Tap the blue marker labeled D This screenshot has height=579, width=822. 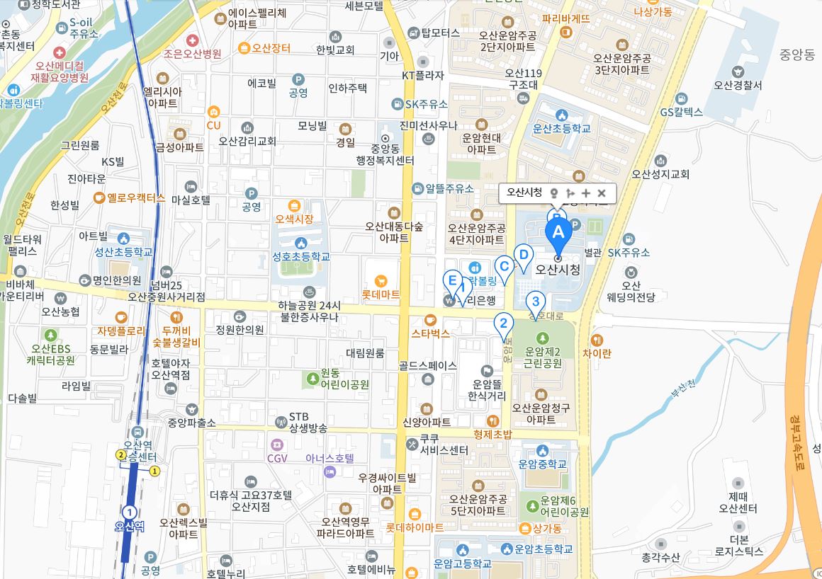click(x=523, y=255)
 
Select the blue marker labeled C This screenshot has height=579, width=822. click(x=504, y=267)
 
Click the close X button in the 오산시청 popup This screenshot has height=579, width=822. click(x=602, y=193)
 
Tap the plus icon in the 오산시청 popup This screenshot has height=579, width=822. click(x=586, y=193)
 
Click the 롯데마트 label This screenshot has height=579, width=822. click(x=381, y=293)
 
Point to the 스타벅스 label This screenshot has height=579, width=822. click(x=430, y=333)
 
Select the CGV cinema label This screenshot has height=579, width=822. click(x=277, y=458)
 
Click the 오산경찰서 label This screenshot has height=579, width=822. click(x=738, y=85)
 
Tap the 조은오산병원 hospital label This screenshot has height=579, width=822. click(x=193, y=53)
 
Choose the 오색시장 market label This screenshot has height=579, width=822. click(x=294, y=219)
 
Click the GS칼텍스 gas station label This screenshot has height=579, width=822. click(x=681, y=112)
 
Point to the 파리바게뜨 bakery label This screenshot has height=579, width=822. click(x=565, y=18)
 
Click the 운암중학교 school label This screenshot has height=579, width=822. click(x=542, y=464)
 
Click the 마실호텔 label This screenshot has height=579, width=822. click(x=191, y=200)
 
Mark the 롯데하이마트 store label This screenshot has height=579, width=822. click(x=415, y=527)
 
